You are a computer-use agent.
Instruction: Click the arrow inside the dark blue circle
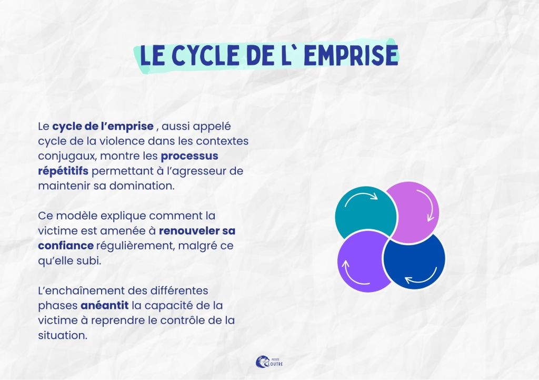(x=421, y=277)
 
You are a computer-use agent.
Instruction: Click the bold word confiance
(x=66, y=246)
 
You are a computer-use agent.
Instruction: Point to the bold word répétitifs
(x=63, y=171)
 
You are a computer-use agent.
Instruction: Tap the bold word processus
(x=189, y=156)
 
